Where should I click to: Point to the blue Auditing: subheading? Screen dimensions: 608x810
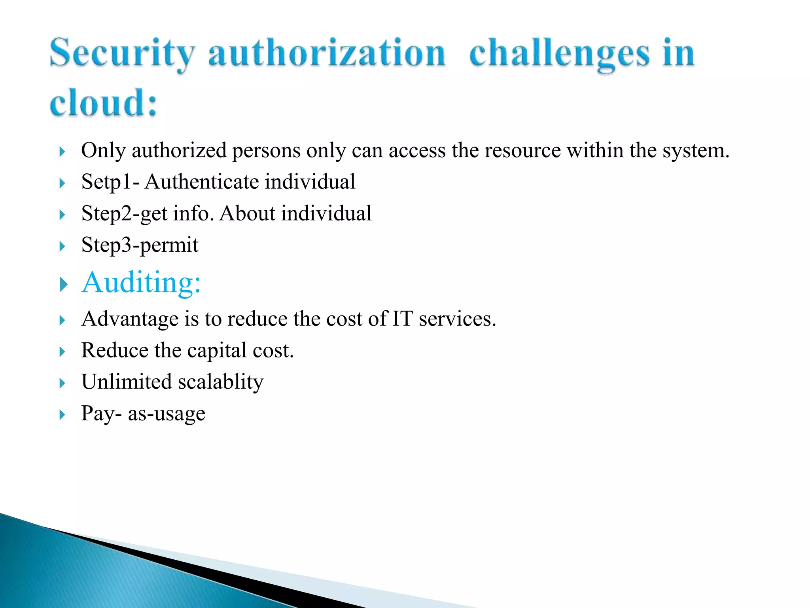pos(141,282)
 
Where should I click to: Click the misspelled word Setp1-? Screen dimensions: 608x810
pos(110,182)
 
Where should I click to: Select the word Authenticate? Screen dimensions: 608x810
pos(202,182)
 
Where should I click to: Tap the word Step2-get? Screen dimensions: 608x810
pos(124,214)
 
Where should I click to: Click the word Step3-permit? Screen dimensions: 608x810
pos(140,245)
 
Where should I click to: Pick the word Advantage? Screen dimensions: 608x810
pos(130,319)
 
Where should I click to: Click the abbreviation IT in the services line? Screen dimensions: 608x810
pos(402,319)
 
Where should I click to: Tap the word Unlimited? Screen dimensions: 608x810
pos(127,382)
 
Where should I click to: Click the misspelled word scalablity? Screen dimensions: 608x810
pos(221,382)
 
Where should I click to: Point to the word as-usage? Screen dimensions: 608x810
pos(167,414)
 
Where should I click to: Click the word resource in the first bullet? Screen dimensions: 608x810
pos(522,150)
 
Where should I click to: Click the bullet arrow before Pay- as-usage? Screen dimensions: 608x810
pos(62,415)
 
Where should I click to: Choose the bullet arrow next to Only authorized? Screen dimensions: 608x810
pos(62,152)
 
